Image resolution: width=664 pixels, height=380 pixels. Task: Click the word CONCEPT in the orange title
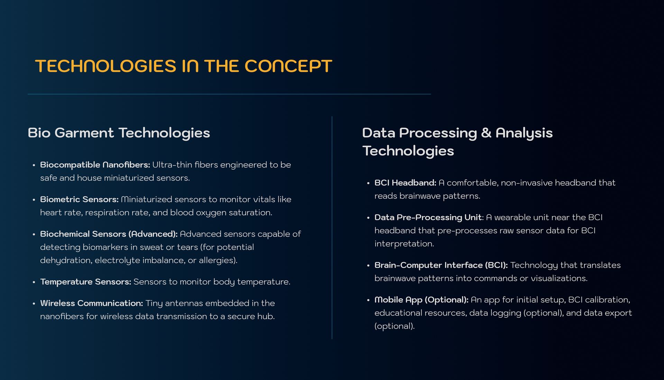pos(288,66)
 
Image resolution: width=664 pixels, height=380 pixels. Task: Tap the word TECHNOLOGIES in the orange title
pos(105,66)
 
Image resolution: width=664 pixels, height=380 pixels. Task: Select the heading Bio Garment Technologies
pos(119,133)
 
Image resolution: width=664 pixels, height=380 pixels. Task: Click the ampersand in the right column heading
pos(486,133)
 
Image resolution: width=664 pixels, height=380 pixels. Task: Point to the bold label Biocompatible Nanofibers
pos(95,165)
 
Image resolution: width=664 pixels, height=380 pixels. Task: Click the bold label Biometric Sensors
pos(79,199)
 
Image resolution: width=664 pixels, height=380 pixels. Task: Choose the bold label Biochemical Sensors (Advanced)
pos(109,234)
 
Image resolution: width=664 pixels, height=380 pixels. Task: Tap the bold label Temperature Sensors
pos(85,282)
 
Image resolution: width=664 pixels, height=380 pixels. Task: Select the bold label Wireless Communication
pos(92,303)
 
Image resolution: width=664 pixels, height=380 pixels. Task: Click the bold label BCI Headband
pos(405,183)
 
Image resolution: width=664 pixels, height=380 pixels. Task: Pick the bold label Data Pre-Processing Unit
pos(428,217)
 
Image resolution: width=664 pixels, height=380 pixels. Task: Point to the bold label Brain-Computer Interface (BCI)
pos(441,265)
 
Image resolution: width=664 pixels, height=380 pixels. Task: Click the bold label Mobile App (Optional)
pos(422,300)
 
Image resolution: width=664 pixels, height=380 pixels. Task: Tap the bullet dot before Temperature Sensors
pos(34,282)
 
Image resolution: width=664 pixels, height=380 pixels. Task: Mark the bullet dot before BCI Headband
pos(368,183)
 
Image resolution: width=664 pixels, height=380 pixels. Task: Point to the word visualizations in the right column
pos(559,278)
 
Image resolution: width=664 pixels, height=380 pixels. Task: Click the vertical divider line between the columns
pos(332,227)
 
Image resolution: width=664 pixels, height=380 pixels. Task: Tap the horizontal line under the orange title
pos(229,94)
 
